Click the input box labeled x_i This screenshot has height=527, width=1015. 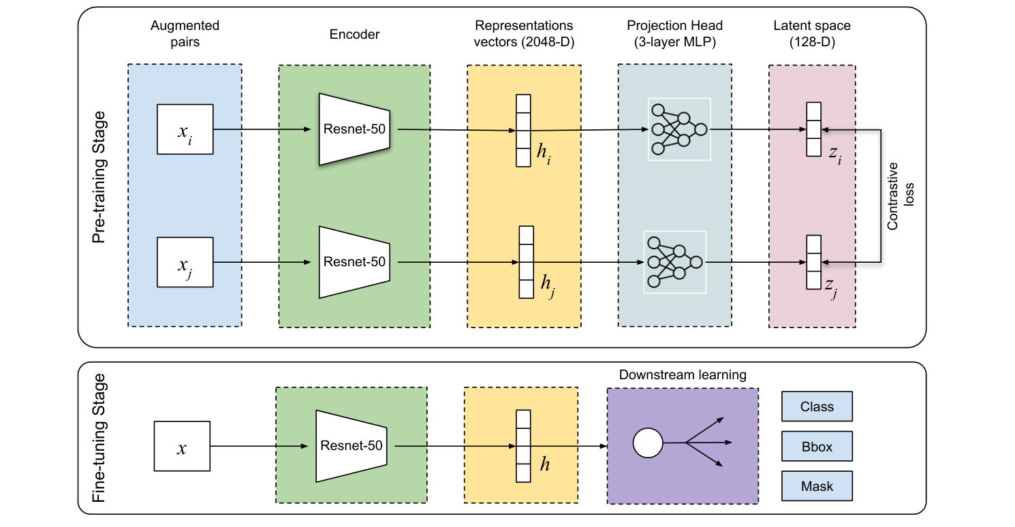click(x=185, y=129)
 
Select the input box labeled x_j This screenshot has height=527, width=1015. click(x=185, y=262)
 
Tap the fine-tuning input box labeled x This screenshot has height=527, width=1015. click(x=182, y=447)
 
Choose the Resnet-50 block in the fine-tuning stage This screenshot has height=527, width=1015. click(x=352, y=446)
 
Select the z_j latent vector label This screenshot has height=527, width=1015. click(x=831, y=289)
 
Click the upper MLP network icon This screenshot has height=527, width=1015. click(x=679, y=129)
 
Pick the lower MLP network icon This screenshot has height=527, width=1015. click(x=674, y=262)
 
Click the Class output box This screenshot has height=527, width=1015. click(x=817, y=406)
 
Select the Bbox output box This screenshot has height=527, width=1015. click(x=817, y=447)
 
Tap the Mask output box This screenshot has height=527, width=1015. click(x=817, y=487)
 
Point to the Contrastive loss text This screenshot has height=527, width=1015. click(x=899, y=194)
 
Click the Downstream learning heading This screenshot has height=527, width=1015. click(x=683, y=375)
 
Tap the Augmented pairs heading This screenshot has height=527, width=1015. click(x=185, y=33)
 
